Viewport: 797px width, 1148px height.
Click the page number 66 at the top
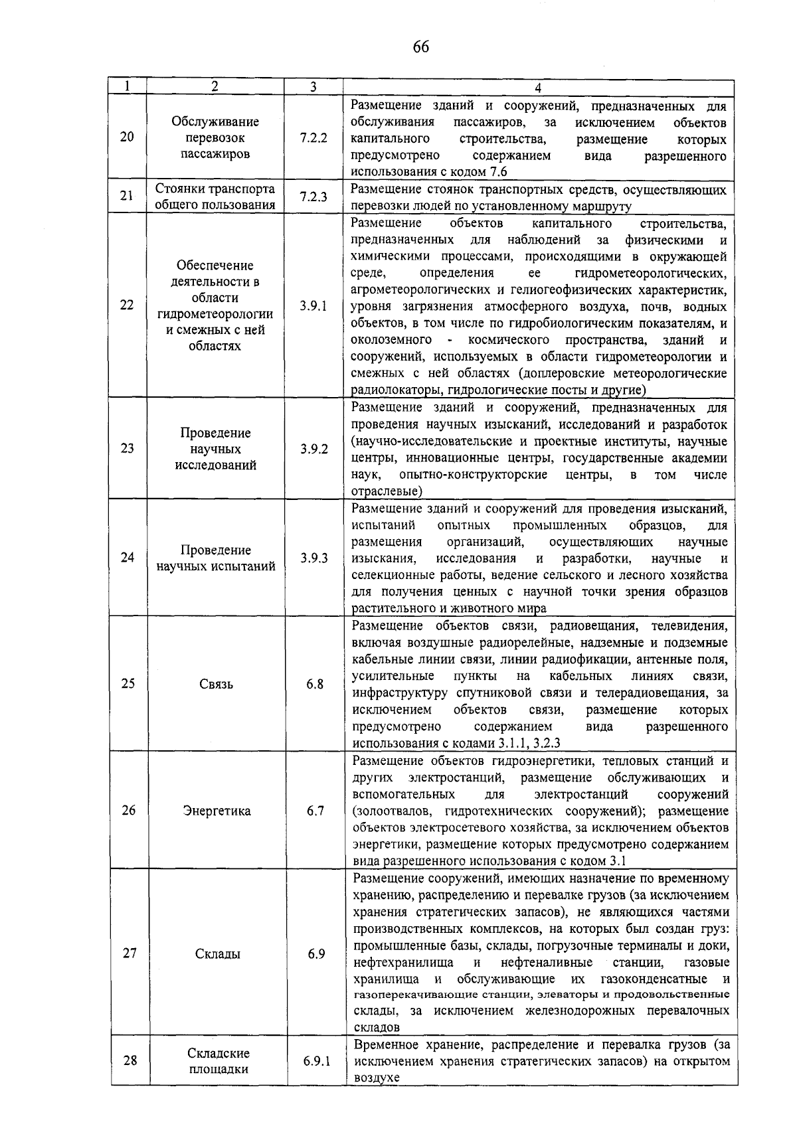point(421,46)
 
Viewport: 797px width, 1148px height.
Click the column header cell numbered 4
point(538,88)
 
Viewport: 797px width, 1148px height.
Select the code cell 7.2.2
point(313,137)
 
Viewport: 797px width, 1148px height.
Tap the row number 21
point(127,195)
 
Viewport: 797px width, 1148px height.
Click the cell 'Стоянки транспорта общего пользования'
point(215,197)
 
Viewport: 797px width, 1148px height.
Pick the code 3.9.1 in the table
point(313,306)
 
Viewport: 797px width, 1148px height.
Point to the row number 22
point(127,305)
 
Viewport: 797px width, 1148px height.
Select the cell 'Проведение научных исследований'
point(215,449)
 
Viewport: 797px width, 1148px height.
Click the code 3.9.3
point(313,558)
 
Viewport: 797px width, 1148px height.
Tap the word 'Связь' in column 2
point(216,684)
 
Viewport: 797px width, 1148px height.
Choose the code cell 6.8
point(315,684)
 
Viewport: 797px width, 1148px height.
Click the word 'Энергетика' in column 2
point(217,811)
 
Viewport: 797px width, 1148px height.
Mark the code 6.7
point(315,811)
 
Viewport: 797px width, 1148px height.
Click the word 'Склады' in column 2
point(218,954)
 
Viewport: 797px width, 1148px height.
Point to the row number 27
point(130,953)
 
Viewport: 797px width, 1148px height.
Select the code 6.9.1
point(317,1061)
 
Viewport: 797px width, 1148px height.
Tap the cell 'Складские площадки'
point(219,1061)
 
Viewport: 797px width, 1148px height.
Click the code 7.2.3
point(313,197)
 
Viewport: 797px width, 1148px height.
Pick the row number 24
point(128,557)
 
